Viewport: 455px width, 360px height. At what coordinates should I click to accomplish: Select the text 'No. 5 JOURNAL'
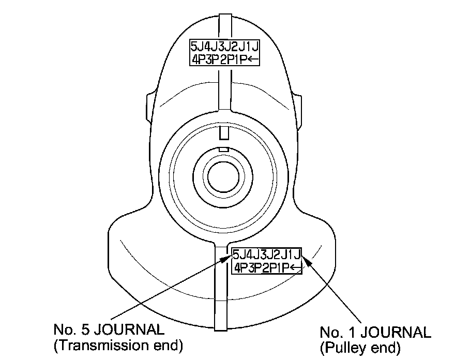pyautogui.click(x=110, y=329)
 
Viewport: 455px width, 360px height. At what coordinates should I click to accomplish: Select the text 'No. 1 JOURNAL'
pyautogui.click(x=375, y=332)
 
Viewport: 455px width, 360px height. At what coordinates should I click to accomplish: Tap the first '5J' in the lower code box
pyautogui.click(x=239, y=255)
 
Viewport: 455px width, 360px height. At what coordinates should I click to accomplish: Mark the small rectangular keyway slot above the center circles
pyautogui.click(x=223, y=133)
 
